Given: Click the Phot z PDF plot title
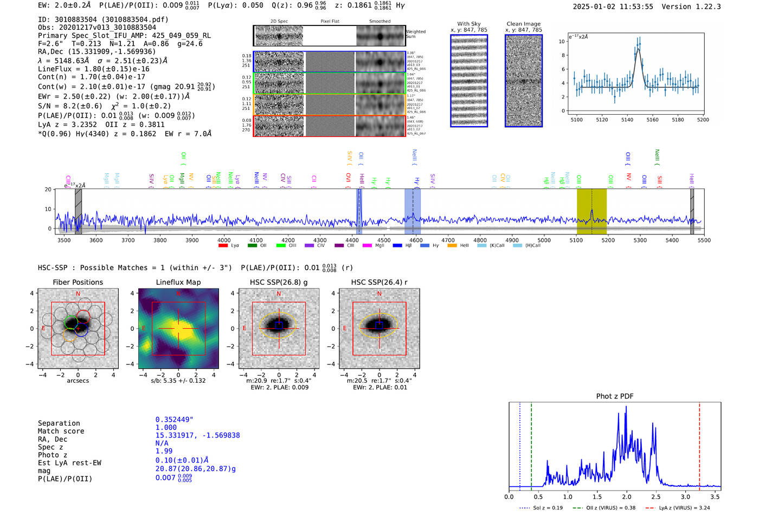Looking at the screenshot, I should point(614,396).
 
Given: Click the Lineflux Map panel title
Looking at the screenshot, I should point(178,282).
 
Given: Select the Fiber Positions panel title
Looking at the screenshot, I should point(78,282).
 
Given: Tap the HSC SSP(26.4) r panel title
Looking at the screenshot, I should point(379,282).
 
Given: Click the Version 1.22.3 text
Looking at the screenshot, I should point(699,6).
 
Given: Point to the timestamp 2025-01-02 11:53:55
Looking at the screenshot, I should point(613,6).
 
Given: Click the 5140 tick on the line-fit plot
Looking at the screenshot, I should point(627,120).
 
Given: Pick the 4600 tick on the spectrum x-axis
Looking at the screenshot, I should point(416,240).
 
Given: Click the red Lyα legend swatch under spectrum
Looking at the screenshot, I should point(223,246).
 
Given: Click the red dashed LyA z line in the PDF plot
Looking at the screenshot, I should point(699,444).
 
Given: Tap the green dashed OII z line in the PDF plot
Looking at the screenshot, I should point(531,444).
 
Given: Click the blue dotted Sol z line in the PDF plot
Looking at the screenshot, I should point(519,444).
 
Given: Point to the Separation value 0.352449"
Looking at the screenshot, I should point(174,420).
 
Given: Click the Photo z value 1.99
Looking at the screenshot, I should point(164,451).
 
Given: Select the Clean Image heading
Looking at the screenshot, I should point(523,24).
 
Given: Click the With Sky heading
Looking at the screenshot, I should point(468,24).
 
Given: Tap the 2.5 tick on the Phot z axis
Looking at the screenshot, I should point(656,497).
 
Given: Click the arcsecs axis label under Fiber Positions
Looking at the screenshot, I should point(78,381).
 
